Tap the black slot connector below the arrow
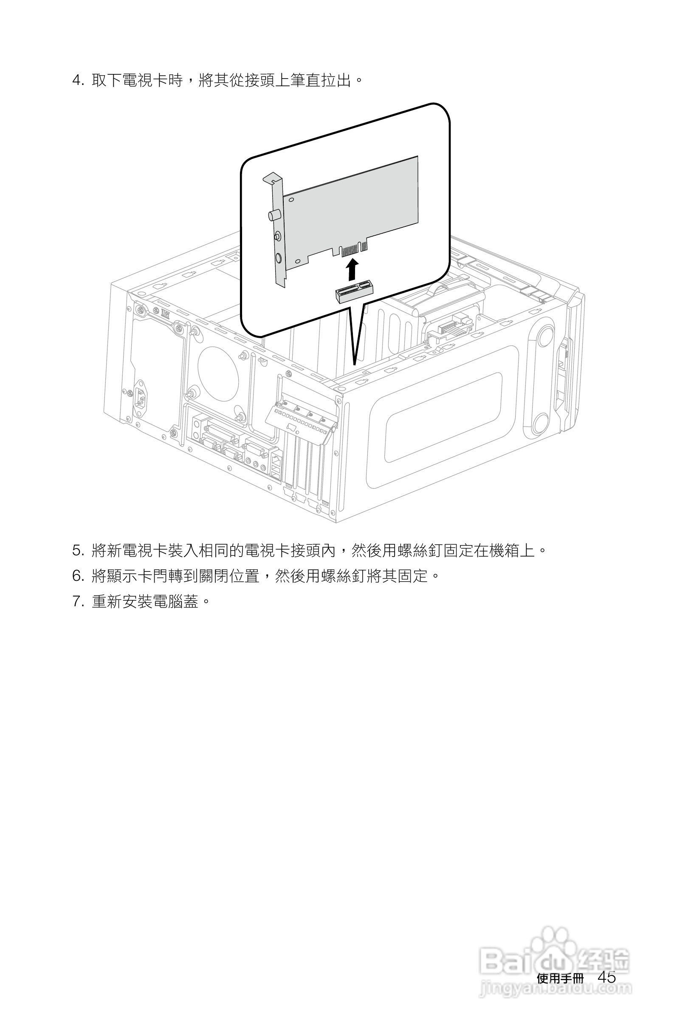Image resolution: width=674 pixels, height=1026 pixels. point(354,292)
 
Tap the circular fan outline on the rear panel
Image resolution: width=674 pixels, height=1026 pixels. point(218,374)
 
